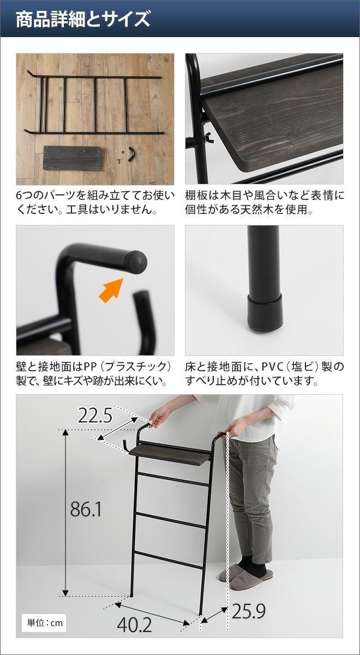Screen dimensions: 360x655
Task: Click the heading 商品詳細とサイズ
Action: pos(83,19)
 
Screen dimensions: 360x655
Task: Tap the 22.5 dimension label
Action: pos(95,416)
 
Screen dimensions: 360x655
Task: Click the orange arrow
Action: pos(111,290)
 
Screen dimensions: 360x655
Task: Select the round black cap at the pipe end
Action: pos(137,262)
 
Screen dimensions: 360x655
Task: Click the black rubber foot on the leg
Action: pos(265,313)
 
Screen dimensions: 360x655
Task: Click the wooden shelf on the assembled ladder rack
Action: pos(170,454)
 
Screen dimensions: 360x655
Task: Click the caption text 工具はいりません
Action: pos(109,210)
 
